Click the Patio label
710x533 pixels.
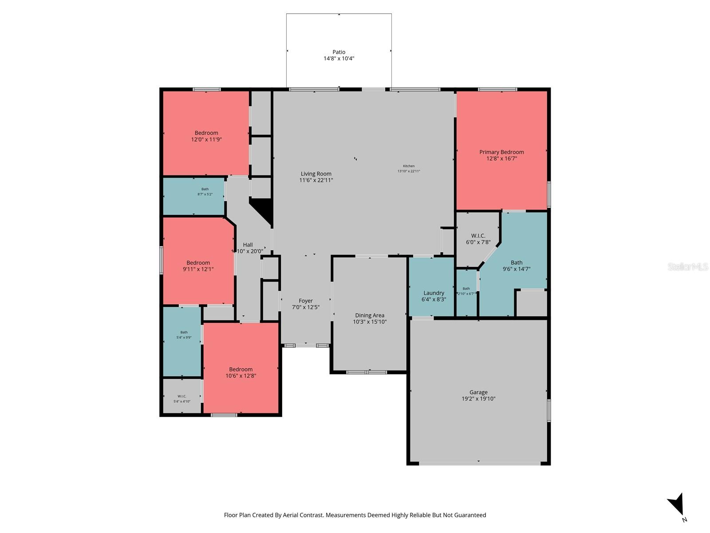coord(339,52)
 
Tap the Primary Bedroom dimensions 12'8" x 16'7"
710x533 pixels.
coord(501,159)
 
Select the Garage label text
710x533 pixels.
coord(478,392)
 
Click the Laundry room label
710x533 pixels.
coord(434,293)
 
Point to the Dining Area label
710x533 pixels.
coord(370,315)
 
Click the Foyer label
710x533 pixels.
coord(305,301)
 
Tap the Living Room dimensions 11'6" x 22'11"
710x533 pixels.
coord(316,180)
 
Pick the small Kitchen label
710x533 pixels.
coord(408,166)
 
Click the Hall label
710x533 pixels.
coord(248,245)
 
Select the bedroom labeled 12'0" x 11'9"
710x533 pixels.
coord(206,136)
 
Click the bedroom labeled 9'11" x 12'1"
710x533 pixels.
coord(198,266)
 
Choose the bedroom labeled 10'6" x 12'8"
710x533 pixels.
coord(241,372)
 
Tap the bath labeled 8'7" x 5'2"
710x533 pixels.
coord(205,191)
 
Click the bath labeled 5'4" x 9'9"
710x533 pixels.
coord(184,334)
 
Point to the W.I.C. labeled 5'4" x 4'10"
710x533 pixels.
coord(182,398)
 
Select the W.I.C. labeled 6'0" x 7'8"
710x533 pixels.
coord(478,239)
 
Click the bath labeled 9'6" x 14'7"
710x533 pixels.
coord(516,266)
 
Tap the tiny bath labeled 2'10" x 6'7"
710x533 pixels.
coord(466,291)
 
